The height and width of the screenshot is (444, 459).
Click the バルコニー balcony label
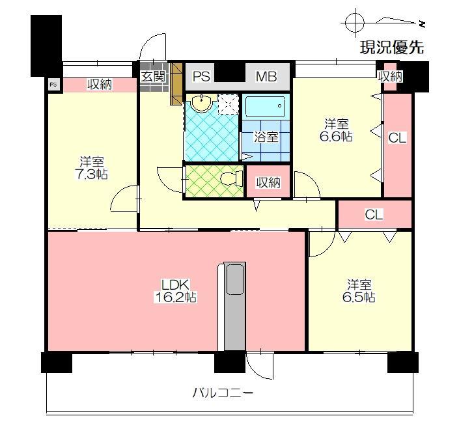pos(223,393)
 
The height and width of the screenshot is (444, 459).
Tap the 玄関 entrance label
pos(154,76)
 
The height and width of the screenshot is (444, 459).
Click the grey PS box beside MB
pos(201,77)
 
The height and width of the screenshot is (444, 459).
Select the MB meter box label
pos(266,77)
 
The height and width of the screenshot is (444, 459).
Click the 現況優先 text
pos(392,47)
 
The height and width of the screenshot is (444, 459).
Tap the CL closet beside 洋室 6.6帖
pos(397,138)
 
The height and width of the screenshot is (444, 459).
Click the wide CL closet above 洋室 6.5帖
pos(374,214)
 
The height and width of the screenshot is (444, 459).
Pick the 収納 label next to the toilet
pos(268,182)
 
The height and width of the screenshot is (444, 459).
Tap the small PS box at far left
pos(53,83)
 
